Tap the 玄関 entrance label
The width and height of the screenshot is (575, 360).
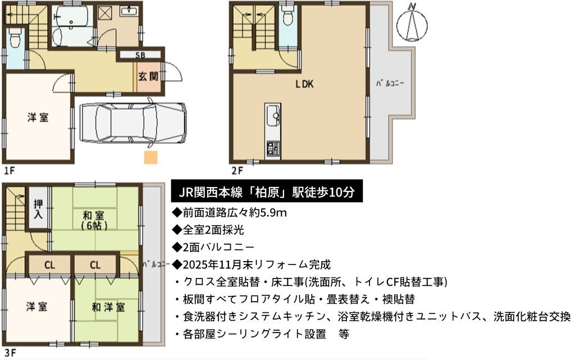(x=148, y=76)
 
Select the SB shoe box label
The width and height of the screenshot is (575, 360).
(x=140, y=56)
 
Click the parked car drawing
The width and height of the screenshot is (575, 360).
(x=133, y=123)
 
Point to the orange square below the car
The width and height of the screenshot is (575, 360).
(x=150, y=157)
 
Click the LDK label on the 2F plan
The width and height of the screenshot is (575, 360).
(x=304, y=84)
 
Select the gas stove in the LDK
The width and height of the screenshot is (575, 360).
(x=273, y=149)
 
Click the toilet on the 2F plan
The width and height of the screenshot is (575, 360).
(x=287, y=17)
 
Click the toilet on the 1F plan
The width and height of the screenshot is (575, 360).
(x=15, y=38)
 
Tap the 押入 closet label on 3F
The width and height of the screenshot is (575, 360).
(x=38, y=209)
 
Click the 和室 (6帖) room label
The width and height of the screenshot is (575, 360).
(x=94, y=220)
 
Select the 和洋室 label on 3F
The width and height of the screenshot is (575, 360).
(x=108, y=307)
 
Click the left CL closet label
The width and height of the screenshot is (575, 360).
(x=50, y=265)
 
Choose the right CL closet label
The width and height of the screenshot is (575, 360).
(x=95, y=265)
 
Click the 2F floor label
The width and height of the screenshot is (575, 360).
(x=237, y=171)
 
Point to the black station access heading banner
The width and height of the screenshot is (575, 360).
(x=267, y=190)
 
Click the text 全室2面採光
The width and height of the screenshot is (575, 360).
(x=213, y=230)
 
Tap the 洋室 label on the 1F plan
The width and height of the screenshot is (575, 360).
(x=38, y=118)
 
